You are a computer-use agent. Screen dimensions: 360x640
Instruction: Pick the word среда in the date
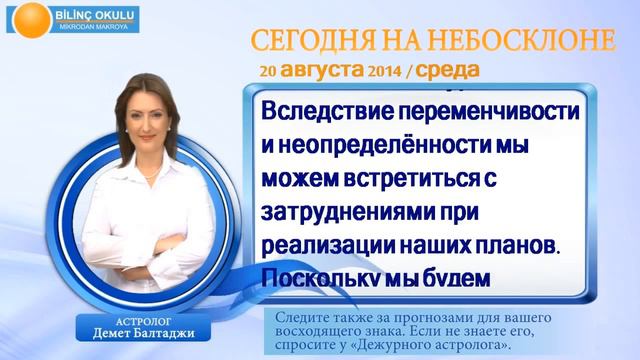[x=445, y=72]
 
